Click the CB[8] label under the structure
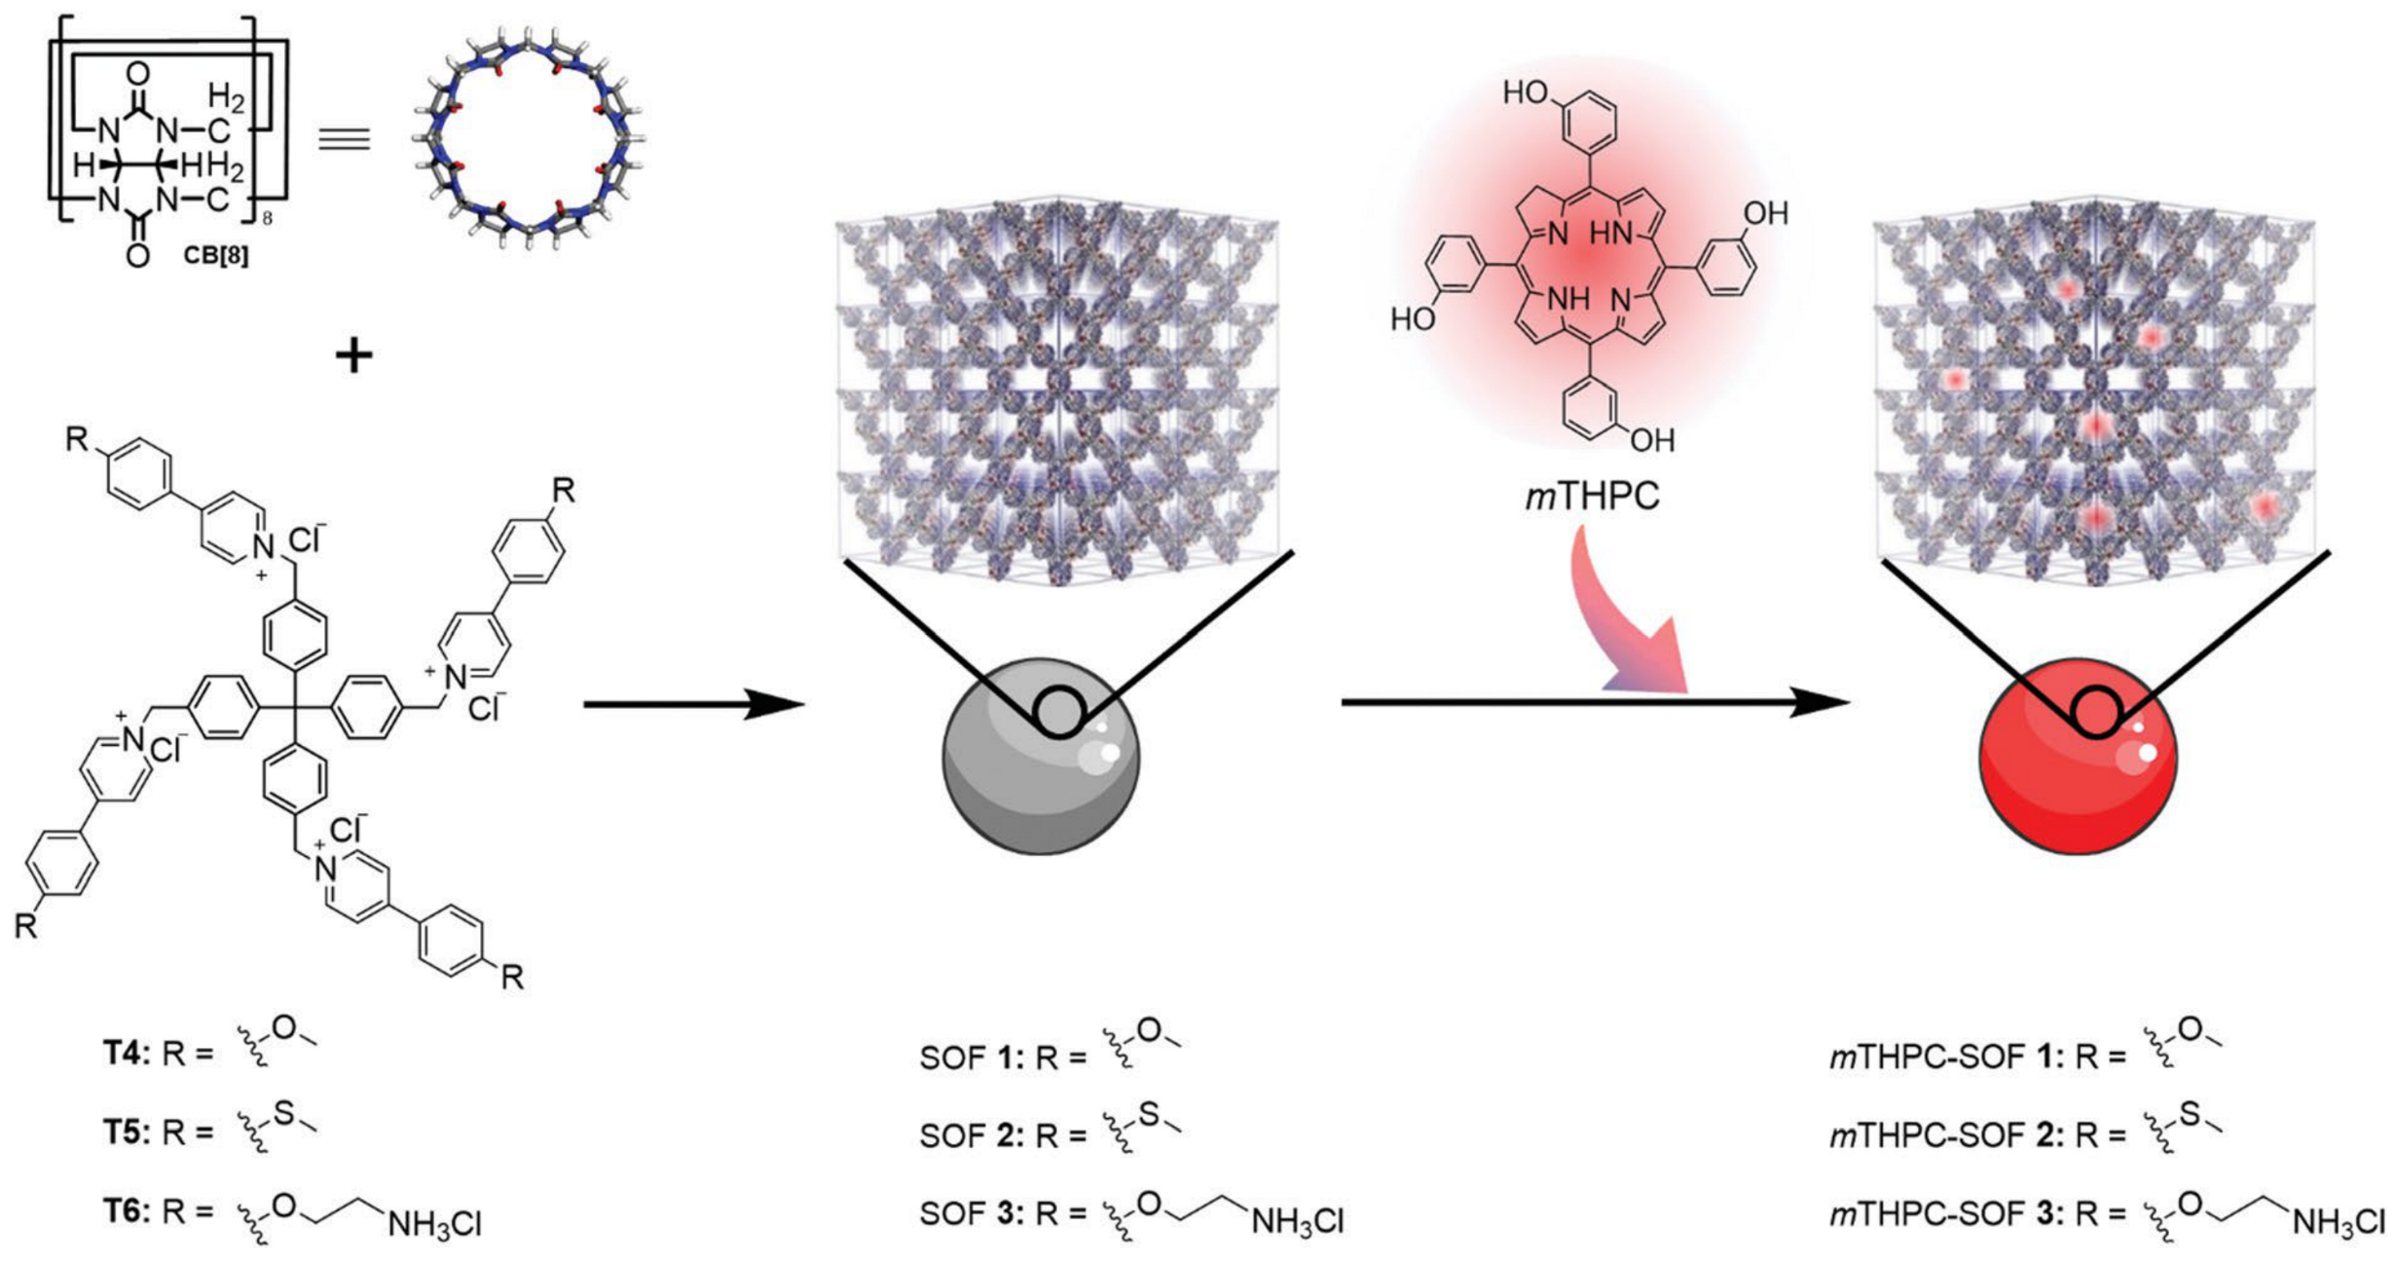click(215, 256)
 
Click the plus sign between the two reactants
click(353, 356)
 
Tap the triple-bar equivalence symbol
click(345, 139)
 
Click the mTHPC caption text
click(1591, 497)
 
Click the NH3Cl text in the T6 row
click(434, 1224)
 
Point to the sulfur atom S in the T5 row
click(283, 1112)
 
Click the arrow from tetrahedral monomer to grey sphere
click(693, 703)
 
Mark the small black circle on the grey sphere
click(1058, 713)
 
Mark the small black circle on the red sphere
click(2096, 713)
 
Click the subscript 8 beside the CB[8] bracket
click(268, 219)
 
